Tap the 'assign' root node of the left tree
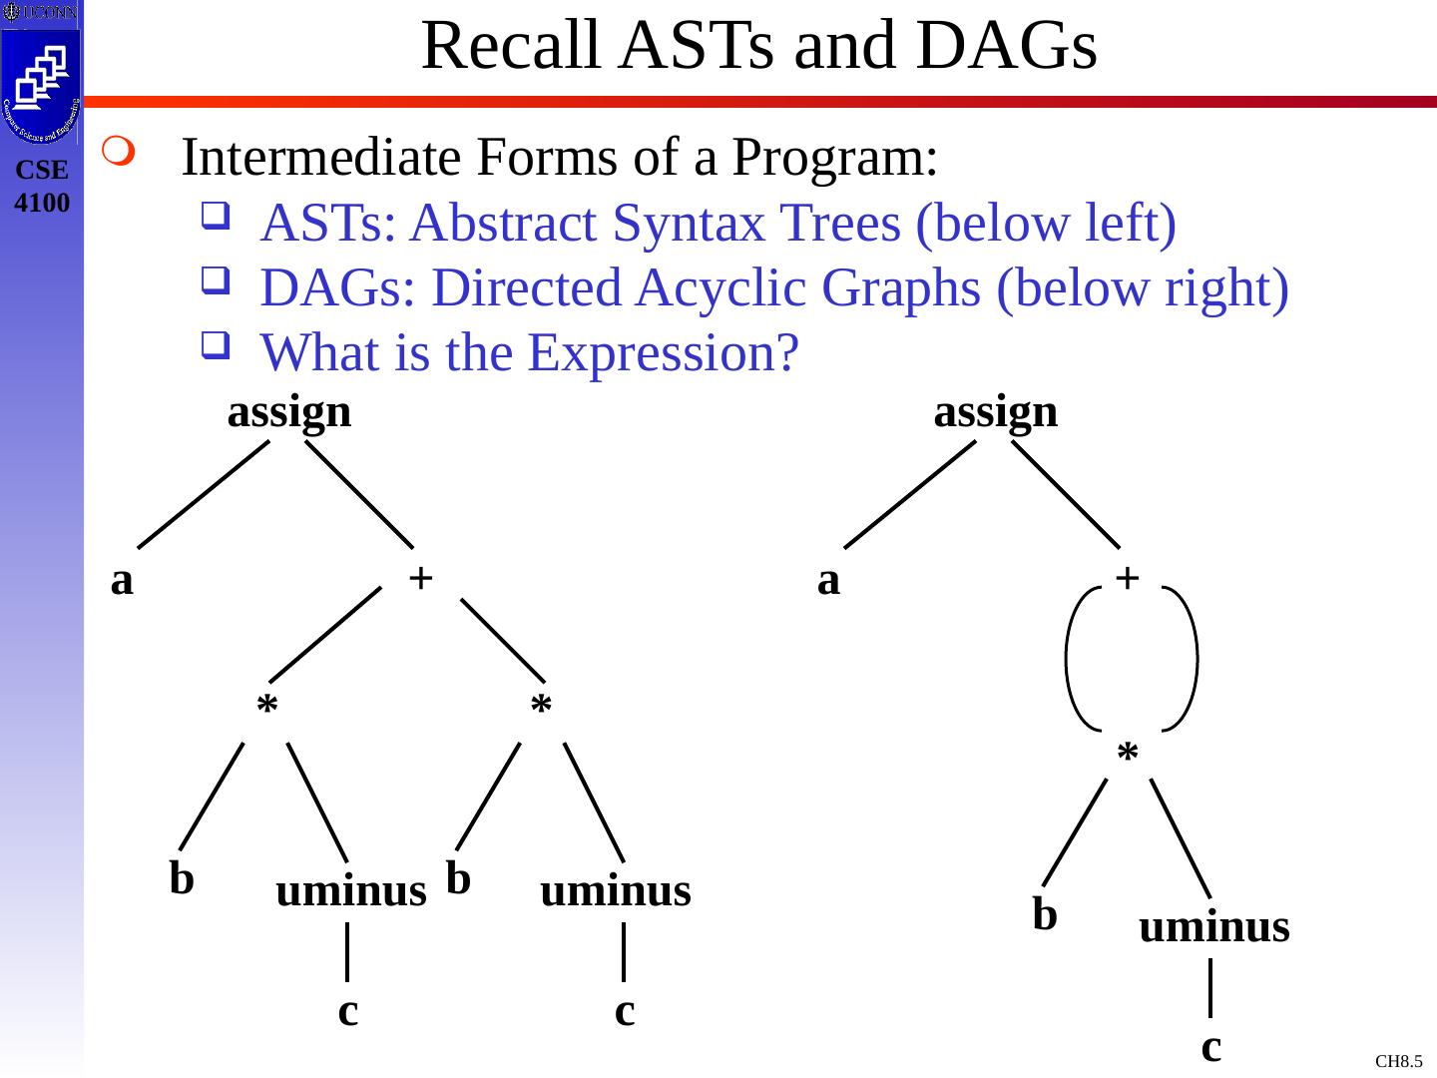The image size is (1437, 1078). [289, 411]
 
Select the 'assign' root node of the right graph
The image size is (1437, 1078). [995, 411]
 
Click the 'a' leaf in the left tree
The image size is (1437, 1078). [122, 580]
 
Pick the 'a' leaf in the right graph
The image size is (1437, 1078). [828, 580]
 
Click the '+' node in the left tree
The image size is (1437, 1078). [420, 577]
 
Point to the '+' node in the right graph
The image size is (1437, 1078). [1127, 577]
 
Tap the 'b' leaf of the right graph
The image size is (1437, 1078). [1044, 913]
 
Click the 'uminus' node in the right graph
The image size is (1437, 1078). [1213, 927]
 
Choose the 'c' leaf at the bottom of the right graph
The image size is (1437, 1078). [1210, 1047]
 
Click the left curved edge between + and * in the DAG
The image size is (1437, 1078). [1070, 659]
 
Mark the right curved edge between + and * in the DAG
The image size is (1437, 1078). [1194, 659]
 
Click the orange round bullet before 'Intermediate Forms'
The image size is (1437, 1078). [117, 155]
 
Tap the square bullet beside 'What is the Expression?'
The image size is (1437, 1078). [212, 347]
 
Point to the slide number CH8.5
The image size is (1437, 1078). [1398, 1060]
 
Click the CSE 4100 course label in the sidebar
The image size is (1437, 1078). [42, 186]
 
